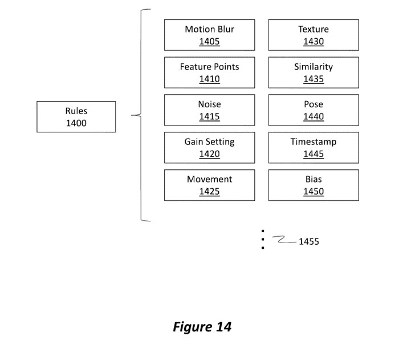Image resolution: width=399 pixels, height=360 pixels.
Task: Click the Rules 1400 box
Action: [76, 117]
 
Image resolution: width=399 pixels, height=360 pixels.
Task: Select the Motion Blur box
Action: [209, 35]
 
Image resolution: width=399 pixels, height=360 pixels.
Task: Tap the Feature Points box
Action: [209, 72]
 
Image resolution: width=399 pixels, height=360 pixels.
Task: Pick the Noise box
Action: [209, 110]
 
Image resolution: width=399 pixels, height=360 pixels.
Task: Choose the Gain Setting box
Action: [209, 148]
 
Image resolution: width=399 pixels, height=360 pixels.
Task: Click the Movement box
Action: [209, 185]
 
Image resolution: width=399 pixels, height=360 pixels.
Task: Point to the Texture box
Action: [313, 35]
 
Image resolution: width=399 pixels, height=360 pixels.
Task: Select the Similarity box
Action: [313, 72]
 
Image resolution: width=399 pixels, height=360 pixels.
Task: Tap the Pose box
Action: [313, 110]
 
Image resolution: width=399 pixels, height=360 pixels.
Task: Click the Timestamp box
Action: [313, 148]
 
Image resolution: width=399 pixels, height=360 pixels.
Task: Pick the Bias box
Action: [313, 185]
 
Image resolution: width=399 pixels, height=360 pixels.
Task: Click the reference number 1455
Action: [309, 241]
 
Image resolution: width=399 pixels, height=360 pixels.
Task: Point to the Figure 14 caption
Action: [202, 327]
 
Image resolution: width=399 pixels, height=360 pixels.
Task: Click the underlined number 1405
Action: [209, 42]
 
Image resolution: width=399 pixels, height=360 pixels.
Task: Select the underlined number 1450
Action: [313, 192]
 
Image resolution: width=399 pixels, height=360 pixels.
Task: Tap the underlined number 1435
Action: [313, 79]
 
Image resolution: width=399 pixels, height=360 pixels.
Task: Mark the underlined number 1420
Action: [209, 154]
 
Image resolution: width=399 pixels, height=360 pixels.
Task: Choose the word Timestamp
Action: [313, 141]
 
